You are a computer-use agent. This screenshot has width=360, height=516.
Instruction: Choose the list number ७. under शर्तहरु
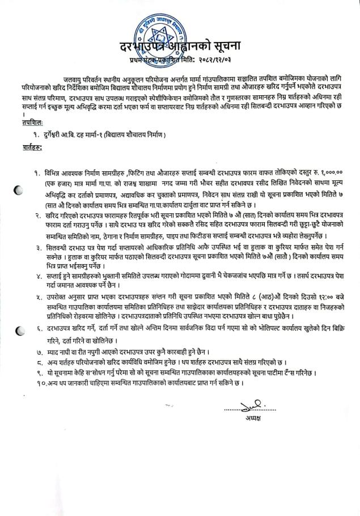point(37,352)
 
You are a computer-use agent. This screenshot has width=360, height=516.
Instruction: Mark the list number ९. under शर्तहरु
point(37,373)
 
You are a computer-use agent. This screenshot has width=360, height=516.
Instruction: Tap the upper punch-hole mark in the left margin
point(18,191)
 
